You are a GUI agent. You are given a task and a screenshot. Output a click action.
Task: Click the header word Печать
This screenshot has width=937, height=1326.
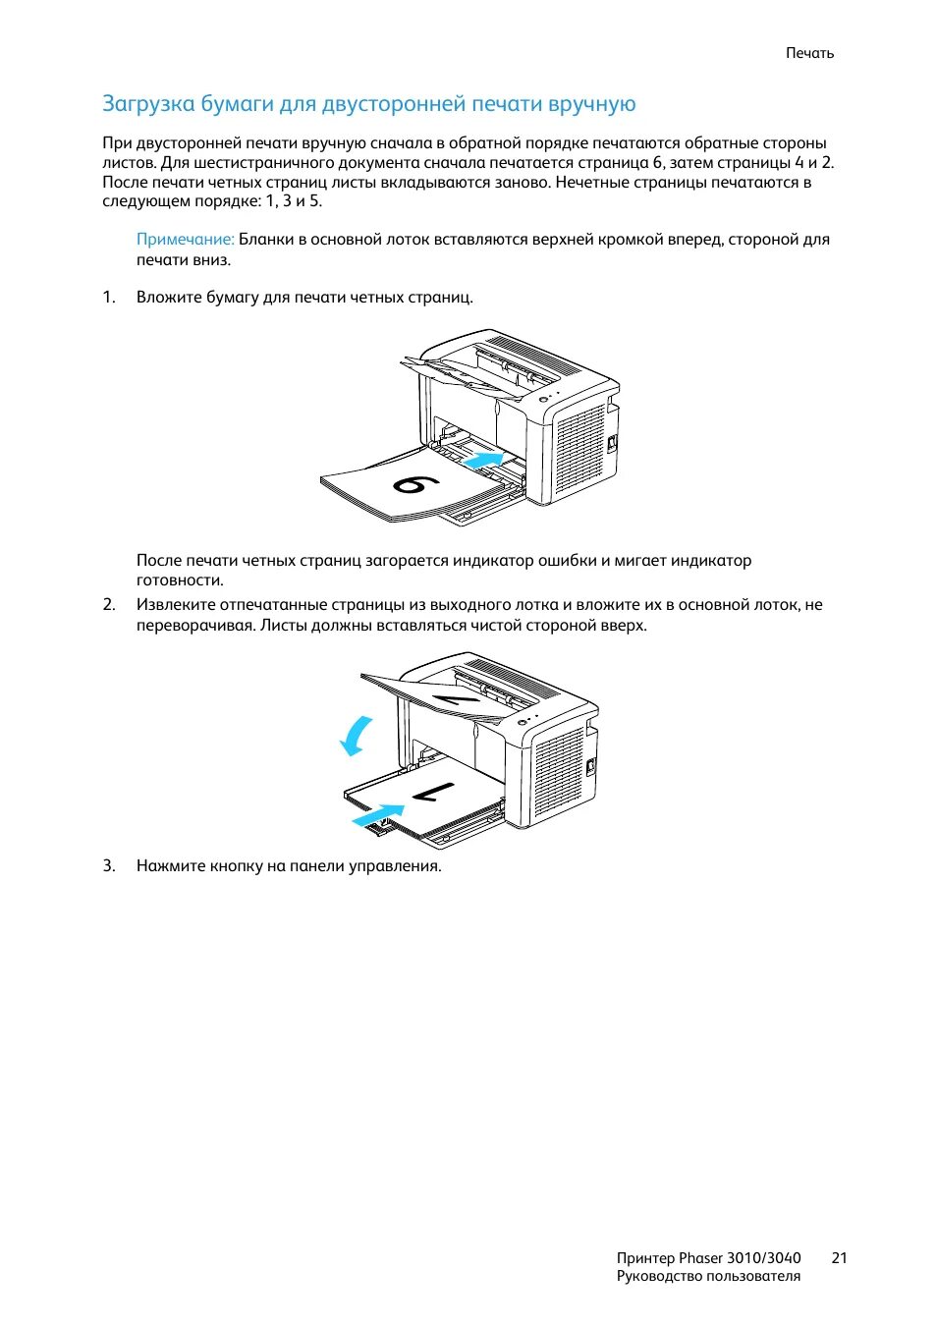coord(809,53)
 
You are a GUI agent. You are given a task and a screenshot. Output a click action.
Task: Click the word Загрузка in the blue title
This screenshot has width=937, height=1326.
coord(148,104)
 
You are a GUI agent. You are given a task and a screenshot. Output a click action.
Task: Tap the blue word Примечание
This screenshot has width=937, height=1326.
coord(185,240)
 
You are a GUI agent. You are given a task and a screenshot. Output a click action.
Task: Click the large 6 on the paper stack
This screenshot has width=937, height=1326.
coord(416,484)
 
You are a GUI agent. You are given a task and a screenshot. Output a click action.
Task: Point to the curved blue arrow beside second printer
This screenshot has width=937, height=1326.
coord(357,736)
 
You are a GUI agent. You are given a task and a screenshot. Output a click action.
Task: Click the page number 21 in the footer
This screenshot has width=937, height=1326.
coord(839,1258)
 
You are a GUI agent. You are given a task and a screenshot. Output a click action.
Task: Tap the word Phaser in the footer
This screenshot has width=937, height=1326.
coord(700,1258)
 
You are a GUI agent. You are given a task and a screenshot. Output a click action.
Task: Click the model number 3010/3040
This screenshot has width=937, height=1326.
coord(763,1258)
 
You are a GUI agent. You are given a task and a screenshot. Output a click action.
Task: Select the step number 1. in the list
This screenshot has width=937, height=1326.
coord(109,297)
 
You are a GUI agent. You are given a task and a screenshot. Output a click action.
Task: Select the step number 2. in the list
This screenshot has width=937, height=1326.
coord(109,605)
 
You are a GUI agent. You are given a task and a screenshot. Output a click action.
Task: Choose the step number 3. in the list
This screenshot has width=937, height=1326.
coord(109,866)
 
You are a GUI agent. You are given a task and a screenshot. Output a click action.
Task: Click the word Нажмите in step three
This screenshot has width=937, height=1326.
coord(171,866)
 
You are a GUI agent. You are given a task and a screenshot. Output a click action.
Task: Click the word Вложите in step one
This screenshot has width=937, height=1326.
coord(169,297)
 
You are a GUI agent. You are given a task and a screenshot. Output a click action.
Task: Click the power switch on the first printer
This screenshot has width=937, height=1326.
coord(611,443)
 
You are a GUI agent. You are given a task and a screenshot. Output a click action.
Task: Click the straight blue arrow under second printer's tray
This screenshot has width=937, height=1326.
coord(377,815)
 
